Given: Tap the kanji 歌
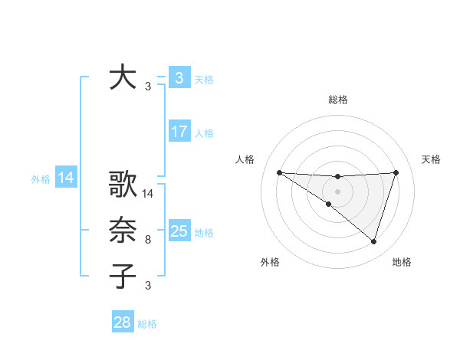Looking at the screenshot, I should click(x=123, y=186).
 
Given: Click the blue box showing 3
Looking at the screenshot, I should click(x=179, y=78).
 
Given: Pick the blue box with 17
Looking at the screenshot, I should click(x=179, y=132).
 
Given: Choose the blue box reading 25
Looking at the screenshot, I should click(x=179, y=231).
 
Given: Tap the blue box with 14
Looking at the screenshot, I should click(x=65, y=178).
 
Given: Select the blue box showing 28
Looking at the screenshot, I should click(x=122, y=322).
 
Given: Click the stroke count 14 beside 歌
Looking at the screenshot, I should click(x=148, y=194).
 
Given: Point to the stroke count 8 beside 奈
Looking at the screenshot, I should click(x=148, y=240).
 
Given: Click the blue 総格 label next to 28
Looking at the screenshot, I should click(x=147, y=324).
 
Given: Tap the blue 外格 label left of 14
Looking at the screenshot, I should click(x=41, y=179).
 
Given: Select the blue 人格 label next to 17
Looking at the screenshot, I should click(x=204, y=133).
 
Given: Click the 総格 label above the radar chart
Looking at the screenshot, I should click(x=337, y=100).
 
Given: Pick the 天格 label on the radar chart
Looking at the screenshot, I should click(x=432, y=159).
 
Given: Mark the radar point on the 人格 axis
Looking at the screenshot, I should click(x=279, y=172).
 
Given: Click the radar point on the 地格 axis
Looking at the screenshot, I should click(x=373, y=241).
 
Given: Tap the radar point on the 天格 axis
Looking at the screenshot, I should click(x=396, y=172).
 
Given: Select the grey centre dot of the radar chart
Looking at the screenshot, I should click(x=337, y=191).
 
